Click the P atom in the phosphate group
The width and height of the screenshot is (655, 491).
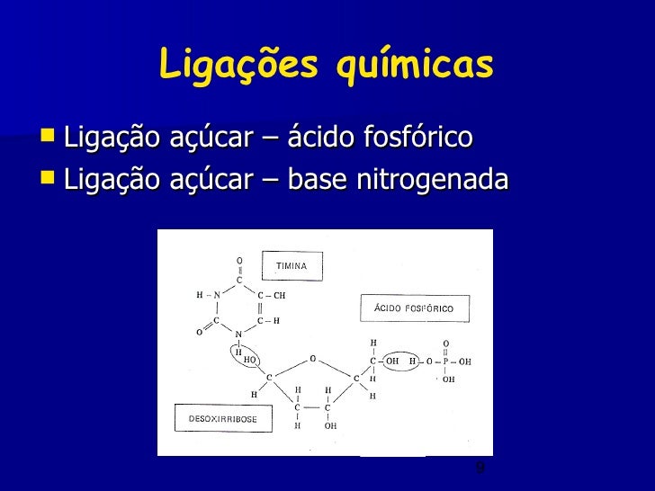tap(445, 362)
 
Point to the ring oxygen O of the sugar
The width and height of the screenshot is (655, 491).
tap(312, 358)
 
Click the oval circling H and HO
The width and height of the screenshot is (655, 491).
tap(246, 356)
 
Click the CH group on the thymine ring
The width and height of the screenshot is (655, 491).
tap(275, 294)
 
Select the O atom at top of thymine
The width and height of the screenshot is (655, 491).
tap(239, 261)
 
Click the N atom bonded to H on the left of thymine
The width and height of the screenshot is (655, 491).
tap(217, 294)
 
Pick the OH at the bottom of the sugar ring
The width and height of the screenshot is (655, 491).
tap(330, 426)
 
